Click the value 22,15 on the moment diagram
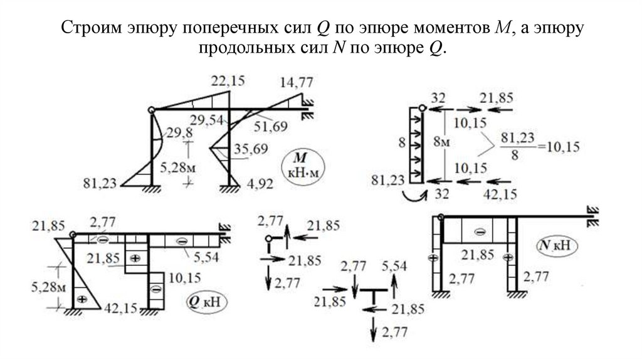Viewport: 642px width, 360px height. (228, 81)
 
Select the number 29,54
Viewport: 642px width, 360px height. (207, 119)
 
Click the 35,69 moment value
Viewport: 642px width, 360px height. (250, 149)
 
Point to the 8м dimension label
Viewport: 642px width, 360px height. (443, 143)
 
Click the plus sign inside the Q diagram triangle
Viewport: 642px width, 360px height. (80, 300)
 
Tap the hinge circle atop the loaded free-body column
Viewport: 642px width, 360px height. (423, 109)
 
